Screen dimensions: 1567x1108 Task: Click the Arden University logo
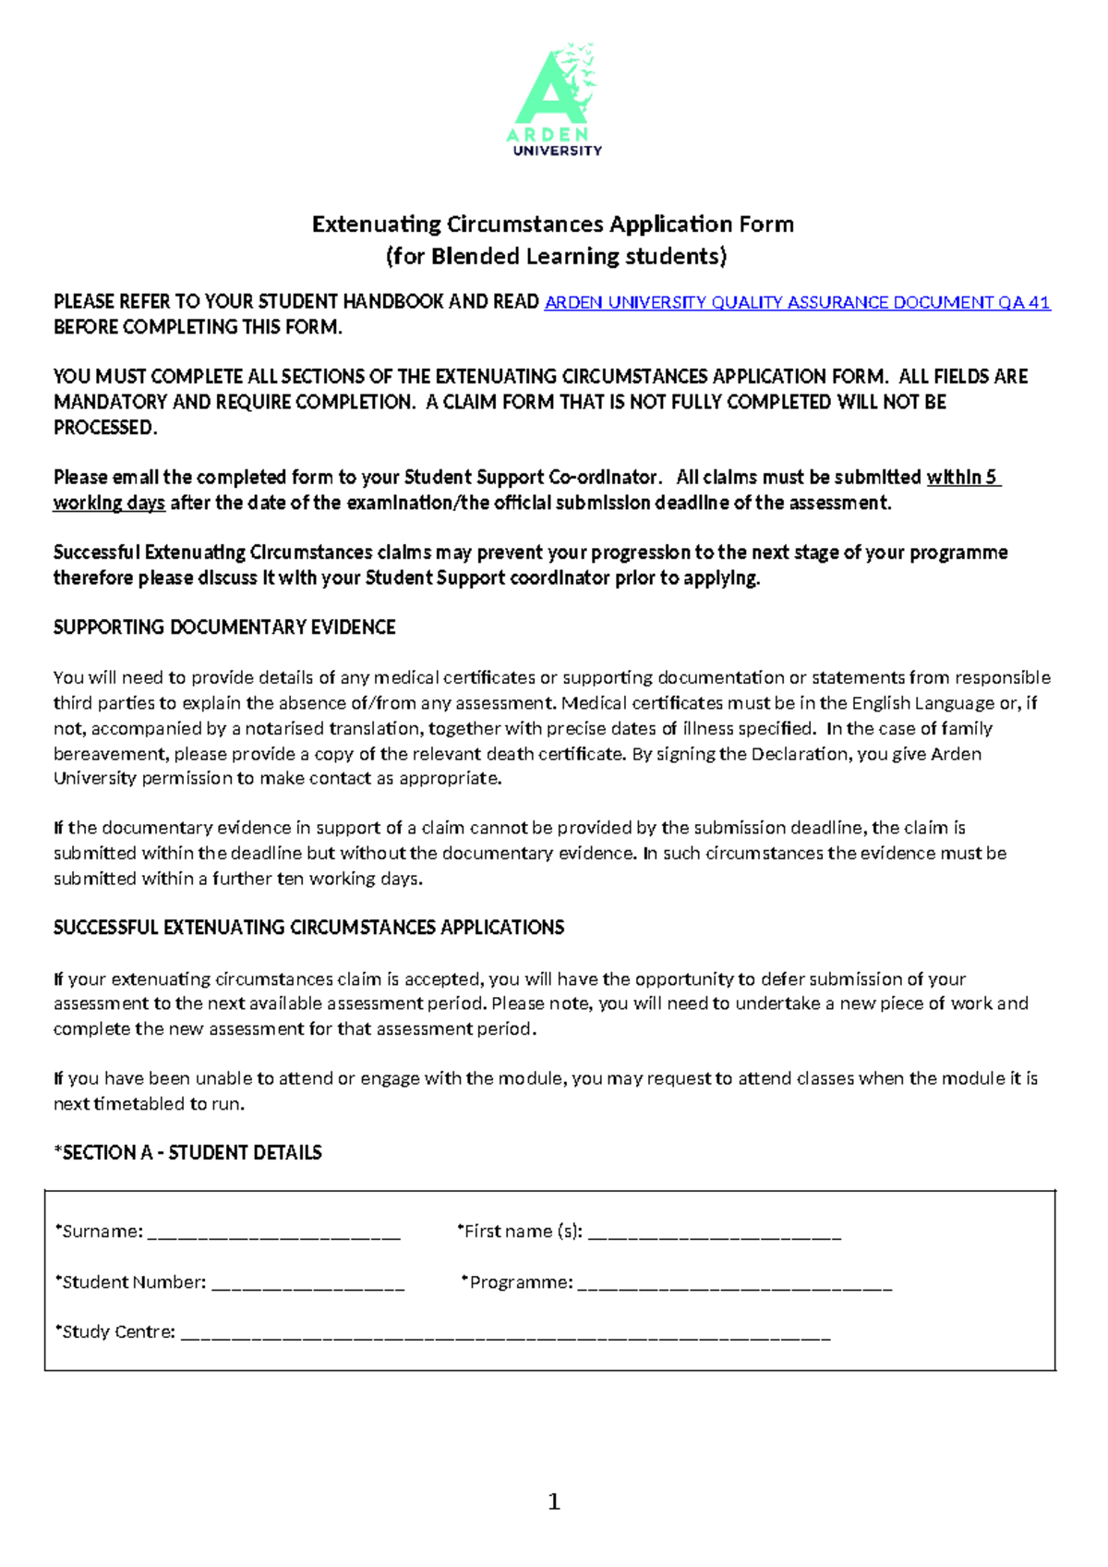tap(555, 98)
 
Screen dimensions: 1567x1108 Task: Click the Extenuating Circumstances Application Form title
tap(553, 225)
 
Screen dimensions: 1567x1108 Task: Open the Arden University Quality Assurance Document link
tap(798, 302)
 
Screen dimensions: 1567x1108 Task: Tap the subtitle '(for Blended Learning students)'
tap(556, 256)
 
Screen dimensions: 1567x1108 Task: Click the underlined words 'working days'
tap(109, 503)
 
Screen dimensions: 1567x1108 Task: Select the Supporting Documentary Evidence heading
tap(224, 627)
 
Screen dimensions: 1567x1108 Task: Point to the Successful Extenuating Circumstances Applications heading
tap(308, 928)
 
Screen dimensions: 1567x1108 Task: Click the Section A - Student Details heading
tap(188, 1152)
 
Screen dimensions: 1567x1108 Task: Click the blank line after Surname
tap(273, 1232)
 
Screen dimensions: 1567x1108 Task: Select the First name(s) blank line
tap(714, 1232)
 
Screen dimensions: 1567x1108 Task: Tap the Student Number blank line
tap(307, 1282)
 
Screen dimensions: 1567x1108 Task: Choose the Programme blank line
tap(734, 1282)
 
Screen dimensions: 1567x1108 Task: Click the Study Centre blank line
tap(505, 1332)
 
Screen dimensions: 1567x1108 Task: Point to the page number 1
tap(554, 1501)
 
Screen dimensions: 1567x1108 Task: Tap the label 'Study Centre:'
tap(116, 1332)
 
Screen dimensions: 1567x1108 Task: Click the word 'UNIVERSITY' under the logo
tap(557, 151)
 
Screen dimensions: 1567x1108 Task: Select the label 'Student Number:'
tap(132, 1282)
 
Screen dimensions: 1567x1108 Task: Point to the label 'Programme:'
tap(519, 1282)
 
